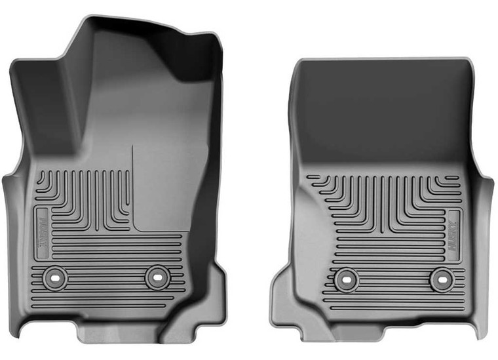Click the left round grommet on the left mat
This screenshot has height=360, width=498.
tap(54, 277)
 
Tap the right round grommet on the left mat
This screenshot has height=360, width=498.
tap(156, 277)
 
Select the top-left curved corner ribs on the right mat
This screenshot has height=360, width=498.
tap(328, 190)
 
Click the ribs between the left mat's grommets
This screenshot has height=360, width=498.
tap(105, 277)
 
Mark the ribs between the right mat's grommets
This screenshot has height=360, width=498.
tap(391, 280)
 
